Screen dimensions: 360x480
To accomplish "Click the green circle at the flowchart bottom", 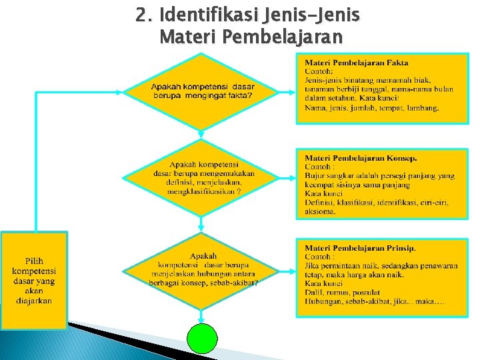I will click(203, 339).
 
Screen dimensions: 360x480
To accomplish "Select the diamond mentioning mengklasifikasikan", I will click(202, 177).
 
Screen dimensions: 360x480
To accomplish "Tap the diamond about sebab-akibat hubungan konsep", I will click(203, 269).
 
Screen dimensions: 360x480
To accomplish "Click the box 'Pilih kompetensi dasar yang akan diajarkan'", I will click(34, 280).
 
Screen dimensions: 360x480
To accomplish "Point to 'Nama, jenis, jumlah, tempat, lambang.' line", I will click(371, 107).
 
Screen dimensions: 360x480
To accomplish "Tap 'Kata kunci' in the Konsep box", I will click(323, 194).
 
